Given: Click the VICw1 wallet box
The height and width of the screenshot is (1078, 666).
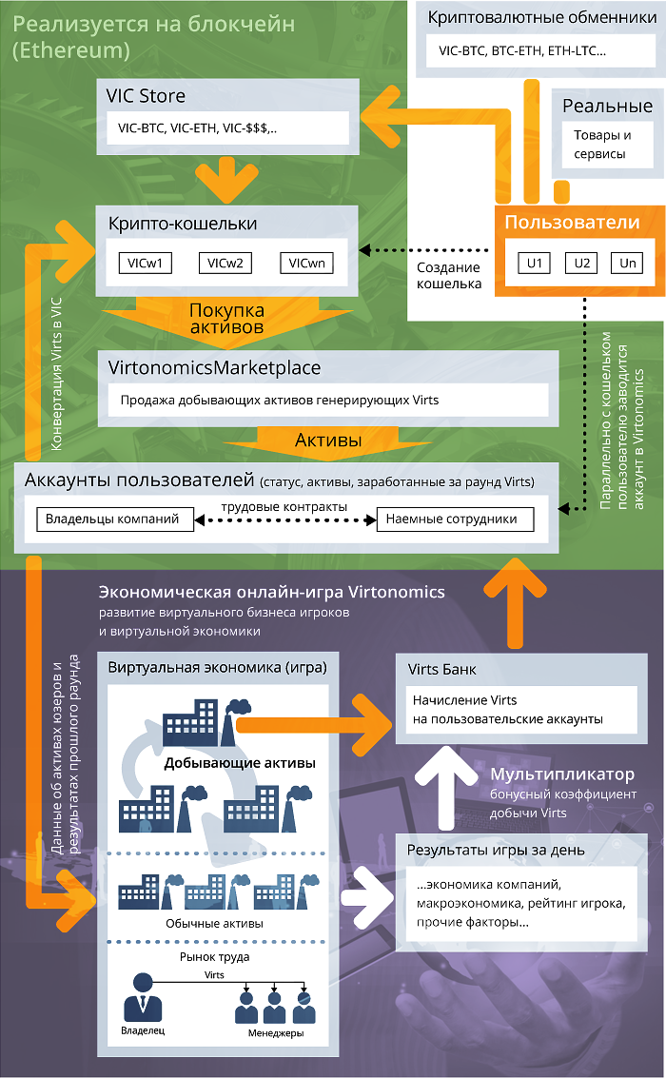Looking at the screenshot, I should [x=145, y=263].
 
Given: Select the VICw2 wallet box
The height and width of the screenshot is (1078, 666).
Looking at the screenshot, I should [x=225, y=263].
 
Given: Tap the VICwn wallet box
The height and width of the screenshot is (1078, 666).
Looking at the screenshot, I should [x=306, y=263].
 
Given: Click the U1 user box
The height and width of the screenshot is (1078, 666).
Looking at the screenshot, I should [x=535, y=263].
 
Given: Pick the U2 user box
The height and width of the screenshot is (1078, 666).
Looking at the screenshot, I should [x=582, y=263].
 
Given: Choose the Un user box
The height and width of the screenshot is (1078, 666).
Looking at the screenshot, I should [x=627, y=263].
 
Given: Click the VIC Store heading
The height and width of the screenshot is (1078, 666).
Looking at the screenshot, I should [x=147, y=96].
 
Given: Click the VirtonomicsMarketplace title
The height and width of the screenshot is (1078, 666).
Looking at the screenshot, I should [x=215, y=367].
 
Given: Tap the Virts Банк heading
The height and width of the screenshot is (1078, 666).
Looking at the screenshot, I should [x=442, y=669].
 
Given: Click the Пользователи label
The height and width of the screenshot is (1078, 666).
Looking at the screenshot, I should [x=572, y=224].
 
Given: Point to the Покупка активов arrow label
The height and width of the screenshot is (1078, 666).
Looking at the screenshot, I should [x=226, y=318].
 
